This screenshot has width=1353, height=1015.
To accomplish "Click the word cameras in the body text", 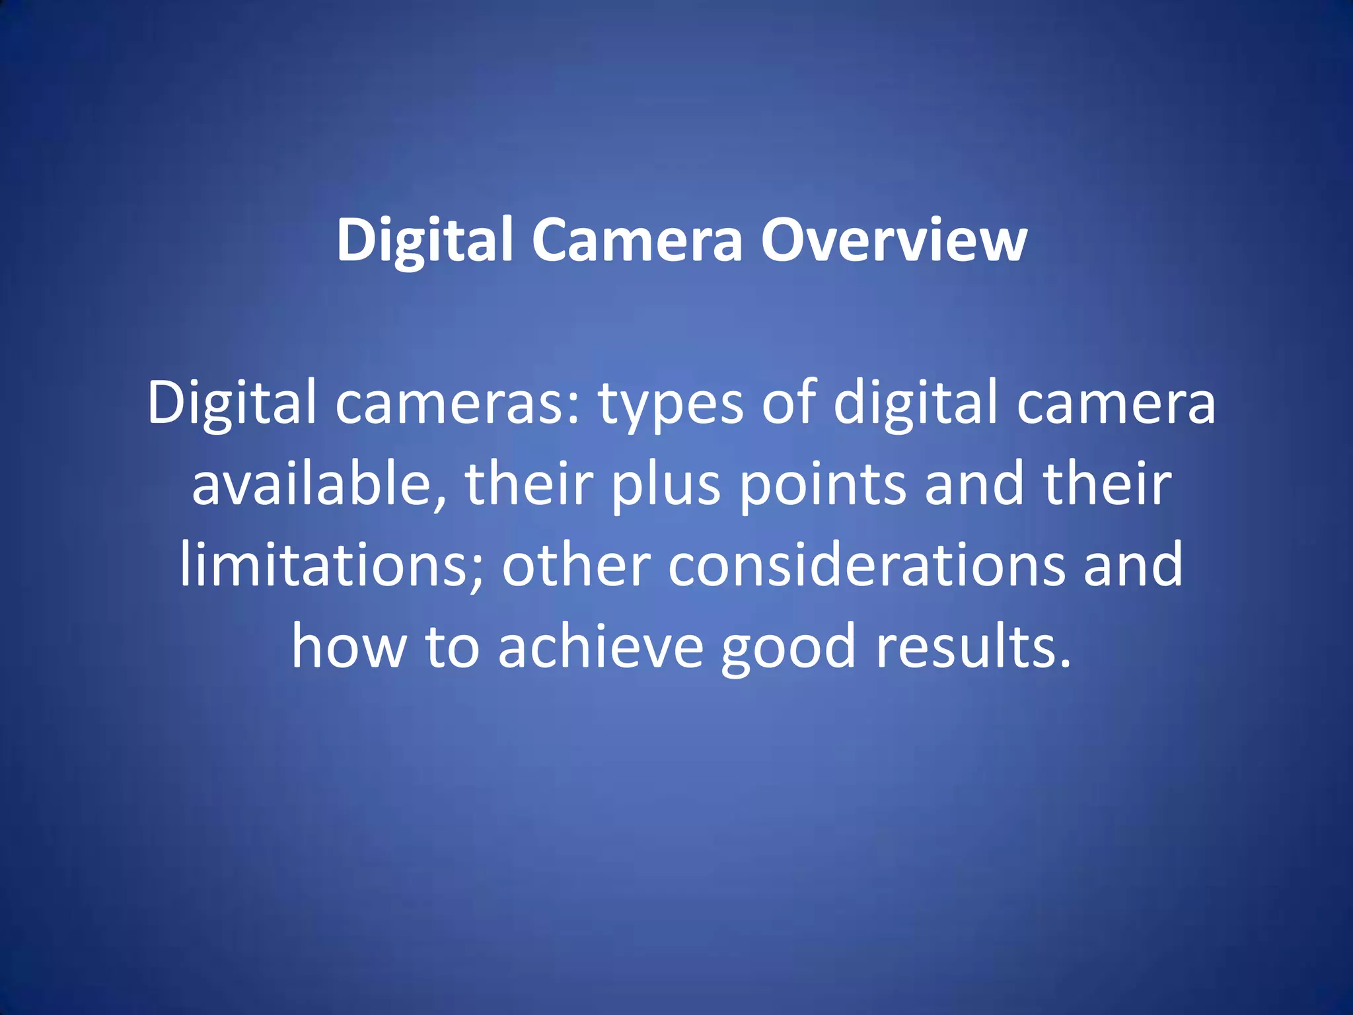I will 450,404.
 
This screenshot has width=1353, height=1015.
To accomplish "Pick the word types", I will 671,406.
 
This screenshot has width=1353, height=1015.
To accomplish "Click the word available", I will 310,484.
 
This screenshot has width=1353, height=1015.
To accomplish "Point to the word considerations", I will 866,565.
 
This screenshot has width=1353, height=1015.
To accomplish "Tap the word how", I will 348,646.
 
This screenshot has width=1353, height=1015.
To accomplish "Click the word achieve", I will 601,646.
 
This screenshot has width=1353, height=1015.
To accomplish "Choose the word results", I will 962,646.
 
